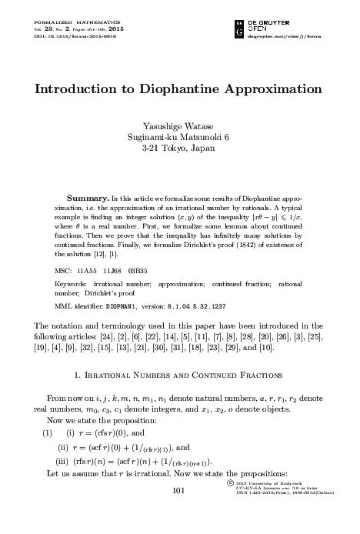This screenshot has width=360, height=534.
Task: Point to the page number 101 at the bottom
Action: point(179,512)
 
